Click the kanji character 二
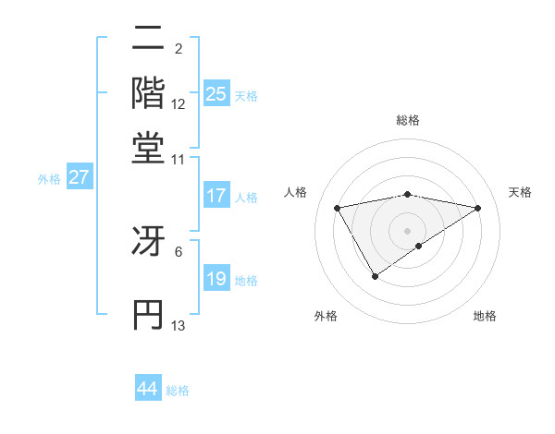(x=148, y=40)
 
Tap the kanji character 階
(x=148, y=92)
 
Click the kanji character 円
(x=148, y=314)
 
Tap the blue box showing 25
(x=216, y=93)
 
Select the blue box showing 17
(x=216, y=196)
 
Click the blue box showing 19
(x=216, y=279)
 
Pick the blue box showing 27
(x=80, y=177)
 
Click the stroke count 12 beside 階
(x=179, y=104)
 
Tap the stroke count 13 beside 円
(x=179, y=325)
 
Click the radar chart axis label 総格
(x=408, y=120)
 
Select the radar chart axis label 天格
(x=520, y=192)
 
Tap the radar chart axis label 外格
(x=325, y=316)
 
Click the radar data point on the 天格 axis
(x=478, y=208)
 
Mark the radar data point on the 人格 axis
(x=338, y=207)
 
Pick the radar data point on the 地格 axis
(x=420, y=246)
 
